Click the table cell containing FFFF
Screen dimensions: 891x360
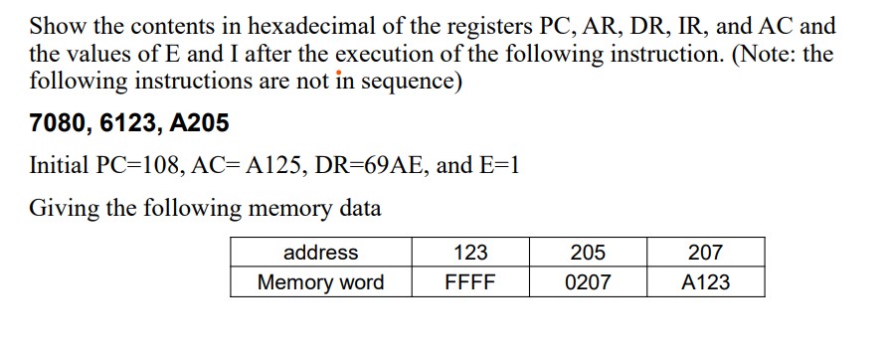coord(470,282)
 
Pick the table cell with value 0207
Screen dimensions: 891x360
coord(588,282)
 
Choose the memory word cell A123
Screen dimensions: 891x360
coord(705,282)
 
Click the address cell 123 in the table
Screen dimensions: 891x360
coord(470,253)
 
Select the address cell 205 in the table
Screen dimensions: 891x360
coord(588,253)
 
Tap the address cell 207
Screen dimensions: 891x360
coord(705,253)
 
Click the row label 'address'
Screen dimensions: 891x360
coord(320,253)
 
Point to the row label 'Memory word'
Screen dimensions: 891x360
coord(320,282)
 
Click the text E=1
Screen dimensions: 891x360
coord(493,166)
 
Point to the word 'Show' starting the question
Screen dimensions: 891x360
coord(56,27)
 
